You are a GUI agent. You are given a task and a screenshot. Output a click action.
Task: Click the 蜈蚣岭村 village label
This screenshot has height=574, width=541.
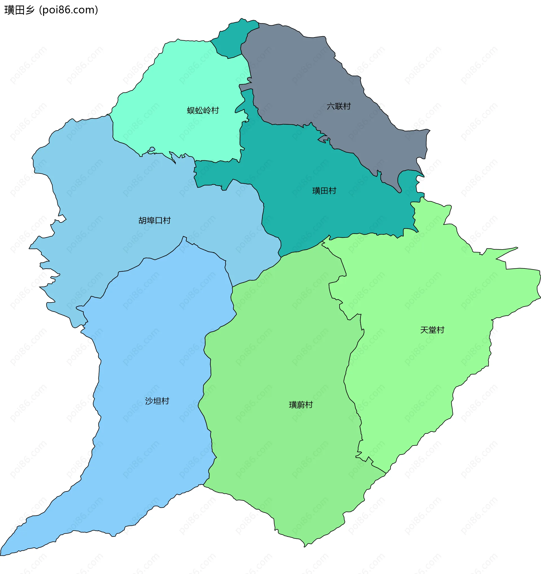pyautogui.click(x=203, y=110)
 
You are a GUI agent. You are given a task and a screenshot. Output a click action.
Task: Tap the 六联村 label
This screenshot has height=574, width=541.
pyautogui.click(x=338, y=106)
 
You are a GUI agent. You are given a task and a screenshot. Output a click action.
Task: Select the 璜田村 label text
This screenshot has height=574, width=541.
pyautogui.click(x=324, y=191)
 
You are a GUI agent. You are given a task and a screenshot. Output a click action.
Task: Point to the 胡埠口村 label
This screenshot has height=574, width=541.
pyautogui.click(x=154, y=221)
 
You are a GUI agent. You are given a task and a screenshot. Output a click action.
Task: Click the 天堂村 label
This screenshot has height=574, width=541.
pyautogui.click(x=432, y=330)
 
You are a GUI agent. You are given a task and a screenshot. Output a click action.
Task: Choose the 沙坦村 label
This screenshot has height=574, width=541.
pyautogui.click(x=157, y=401)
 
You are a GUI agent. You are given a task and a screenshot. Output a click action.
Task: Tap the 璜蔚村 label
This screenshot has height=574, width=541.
pyautogui.click(x=301, y=404)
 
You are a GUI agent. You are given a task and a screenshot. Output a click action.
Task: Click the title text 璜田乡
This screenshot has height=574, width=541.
pyautogui.click(x=19, y=10)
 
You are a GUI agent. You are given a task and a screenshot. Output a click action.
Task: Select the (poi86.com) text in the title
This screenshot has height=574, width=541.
pyautogui.click(x=68, y=10)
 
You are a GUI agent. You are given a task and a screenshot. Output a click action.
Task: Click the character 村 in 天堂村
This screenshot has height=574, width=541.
pyautogui.click(x=440, y=330)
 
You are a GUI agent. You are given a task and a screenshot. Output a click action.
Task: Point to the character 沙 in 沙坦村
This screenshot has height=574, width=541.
pyautogui.click(x=149, y=401)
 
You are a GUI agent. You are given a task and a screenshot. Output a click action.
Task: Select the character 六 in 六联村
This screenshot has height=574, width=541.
pyautogui.click(x=331, y=106)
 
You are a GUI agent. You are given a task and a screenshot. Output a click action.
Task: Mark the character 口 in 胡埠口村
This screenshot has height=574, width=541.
pyautogui.click(x=159, y=221)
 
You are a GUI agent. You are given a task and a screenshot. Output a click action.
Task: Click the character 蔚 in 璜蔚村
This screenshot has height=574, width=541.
pyautogui.click(x=301, y=404)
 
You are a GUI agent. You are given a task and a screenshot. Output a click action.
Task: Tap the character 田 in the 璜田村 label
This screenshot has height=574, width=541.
pyautogui.click(x=324, y=191)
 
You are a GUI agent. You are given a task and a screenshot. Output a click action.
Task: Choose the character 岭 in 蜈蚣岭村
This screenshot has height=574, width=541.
pyautogui.click(x=207, y=110)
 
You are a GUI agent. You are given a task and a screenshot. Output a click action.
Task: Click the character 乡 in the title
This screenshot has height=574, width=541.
pyautogui.click(x=30, y=10)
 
